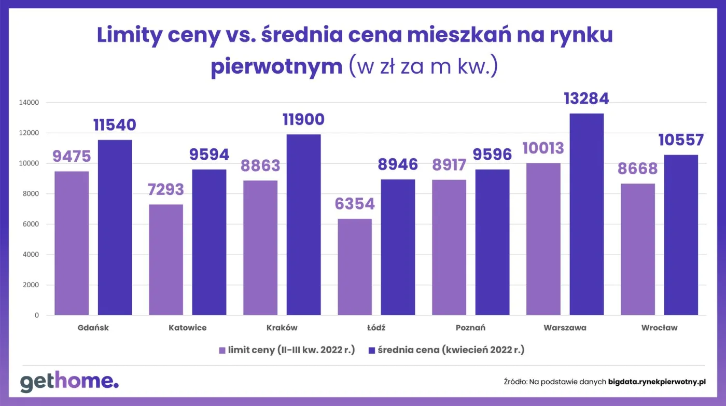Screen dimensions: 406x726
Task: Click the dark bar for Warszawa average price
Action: coord(587,214)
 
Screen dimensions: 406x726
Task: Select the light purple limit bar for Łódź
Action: coord(355,267)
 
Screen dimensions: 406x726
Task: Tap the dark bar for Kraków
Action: coord(303,224)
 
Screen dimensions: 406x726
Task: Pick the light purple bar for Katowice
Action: coord(166,259)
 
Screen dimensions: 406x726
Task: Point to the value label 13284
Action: coord(587,99)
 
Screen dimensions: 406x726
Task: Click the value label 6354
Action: coord(355,204)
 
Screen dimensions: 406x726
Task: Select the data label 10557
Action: coord(681,140)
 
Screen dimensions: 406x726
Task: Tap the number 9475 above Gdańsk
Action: coord(72,156)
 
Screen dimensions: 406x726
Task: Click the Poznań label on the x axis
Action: coord(470,328)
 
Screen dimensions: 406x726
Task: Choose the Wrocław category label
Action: coord(659,328)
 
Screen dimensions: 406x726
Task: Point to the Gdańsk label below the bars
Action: coord(93,328)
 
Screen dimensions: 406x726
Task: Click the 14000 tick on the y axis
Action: coord(29,103)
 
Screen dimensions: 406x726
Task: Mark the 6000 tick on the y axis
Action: coord(30,225)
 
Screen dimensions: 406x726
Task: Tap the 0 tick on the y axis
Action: coord(37,315)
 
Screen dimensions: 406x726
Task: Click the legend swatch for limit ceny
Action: coord(222,351)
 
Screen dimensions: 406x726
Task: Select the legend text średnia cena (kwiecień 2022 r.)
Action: coord(451,350)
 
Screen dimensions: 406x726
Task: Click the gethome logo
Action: coord(69,382)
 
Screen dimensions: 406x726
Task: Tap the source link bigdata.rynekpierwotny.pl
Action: coord(657,381)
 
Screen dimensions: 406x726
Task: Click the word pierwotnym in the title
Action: coord(276,67)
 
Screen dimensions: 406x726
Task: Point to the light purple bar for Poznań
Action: coord(449,247)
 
